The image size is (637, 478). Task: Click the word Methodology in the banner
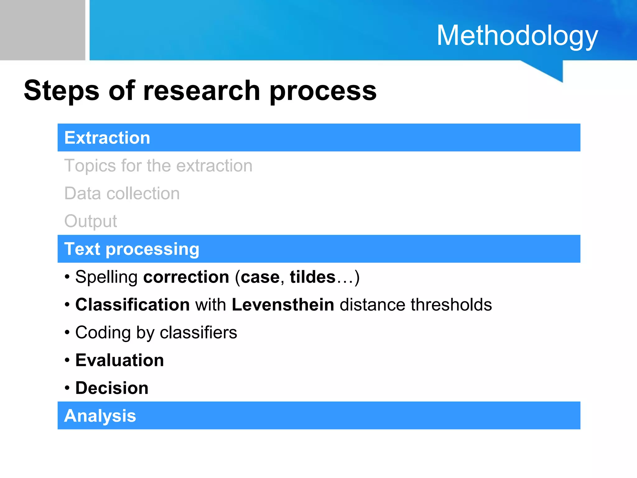point(517,36)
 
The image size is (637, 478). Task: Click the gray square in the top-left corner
point(42,30)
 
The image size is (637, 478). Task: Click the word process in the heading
point(323,91)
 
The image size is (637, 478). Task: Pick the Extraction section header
point(107,138)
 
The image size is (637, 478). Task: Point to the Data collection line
point(122,193)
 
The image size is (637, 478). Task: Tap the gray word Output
point(91,221)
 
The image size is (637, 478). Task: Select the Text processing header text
point(132,249)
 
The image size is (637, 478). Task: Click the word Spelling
point(106,277)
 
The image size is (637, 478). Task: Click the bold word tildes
point(313,277)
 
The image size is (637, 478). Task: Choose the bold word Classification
point(133,304)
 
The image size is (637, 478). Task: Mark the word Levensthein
point(283,304)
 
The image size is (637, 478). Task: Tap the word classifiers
point(198,332)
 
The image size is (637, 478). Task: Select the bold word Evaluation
point(119,360)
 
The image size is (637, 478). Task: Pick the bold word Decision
point(112,388)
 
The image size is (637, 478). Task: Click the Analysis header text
point(100,416)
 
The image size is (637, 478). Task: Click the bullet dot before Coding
point(67,333)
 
